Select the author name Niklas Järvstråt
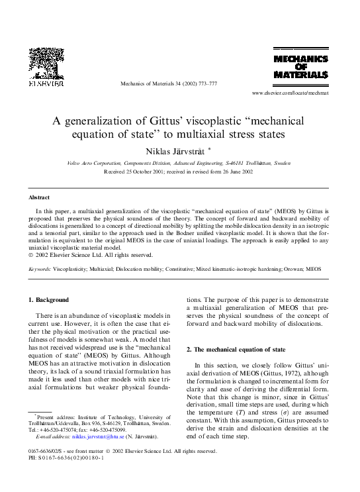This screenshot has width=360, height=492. [176, 150]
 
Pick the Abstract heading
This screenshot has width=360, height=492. [39, 197]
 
